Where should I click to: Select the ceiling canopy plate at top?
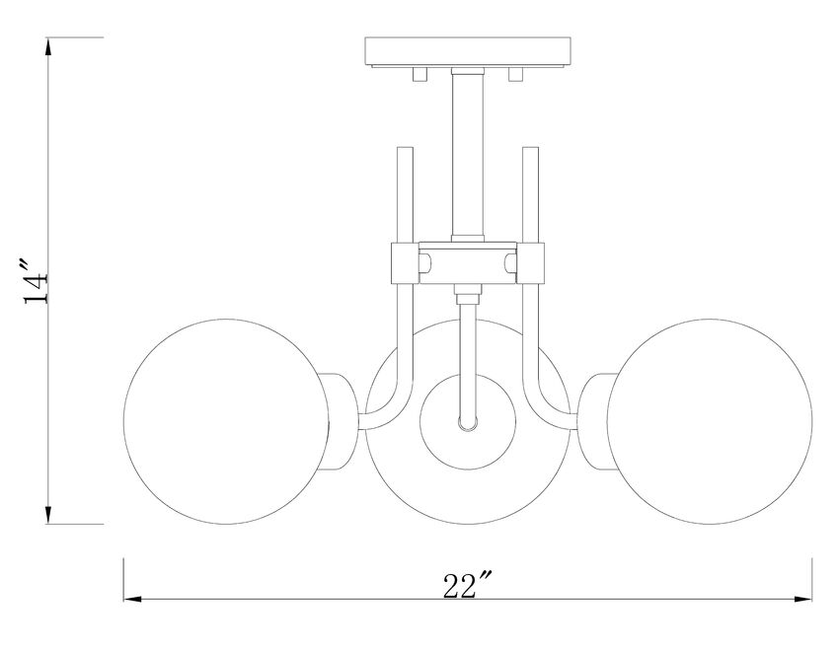(x=468, y=50)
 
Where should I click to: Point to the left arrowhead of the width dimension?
(x=129, y=599)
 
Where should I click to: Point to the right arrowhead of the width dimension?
(x=806, y=599)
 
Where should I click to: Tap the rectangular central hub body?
(x=467, y=264)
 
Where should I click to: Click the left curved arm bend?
(x=389, y=399)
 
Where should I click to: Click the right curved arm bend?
(x=546, y=399)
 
